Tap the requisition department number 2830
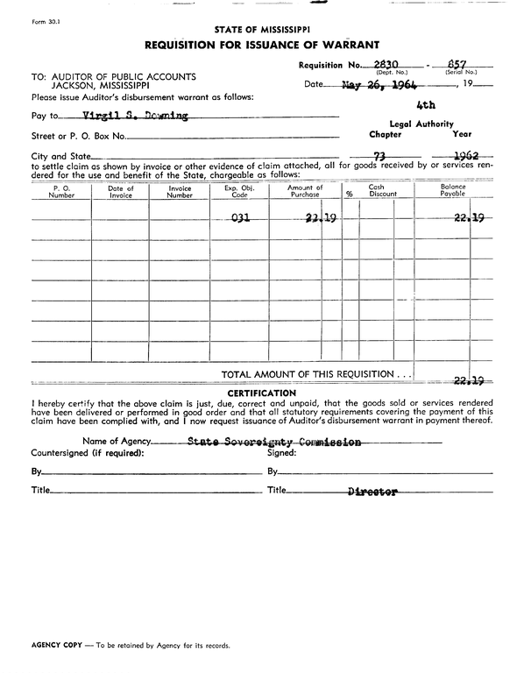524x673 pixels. [x=387, y=64]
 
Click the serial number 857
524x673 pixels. [x=457, y=64]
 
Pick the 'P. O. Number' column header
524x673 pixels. [x=61, y=192]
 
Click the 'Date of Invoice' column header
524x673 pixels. [x=120, y=192]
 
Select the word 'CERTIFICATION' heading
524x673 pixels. [x=261, y=393]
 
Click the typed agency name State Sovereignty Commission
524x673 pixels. [x=274, y=443]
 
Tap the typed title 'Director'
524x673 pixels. [x=372, y=492]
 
